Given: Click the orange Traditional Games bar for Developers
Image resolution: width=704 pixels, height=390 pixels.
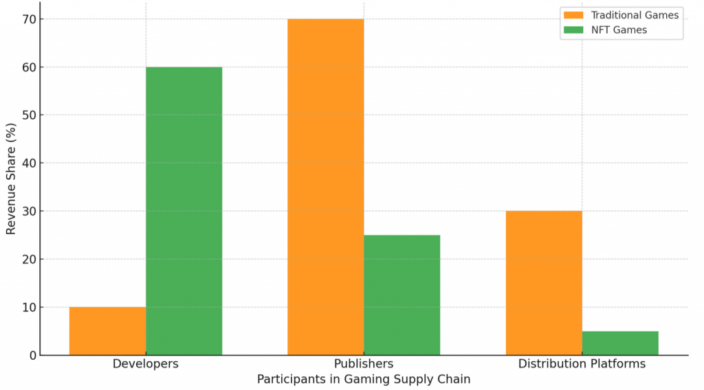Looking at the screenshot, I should (x=107, y=331).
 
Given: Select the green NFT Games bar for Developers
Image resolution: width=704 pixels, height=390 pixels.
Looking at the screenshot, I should (x=184, y=211).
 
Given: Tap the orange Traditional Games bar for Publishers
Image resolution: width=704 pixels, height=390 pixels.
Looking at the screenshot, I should (x=325, y=187).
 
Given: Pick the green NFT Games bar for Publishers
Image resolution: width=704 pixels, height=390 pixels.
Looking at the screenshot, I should (x=401, y=295).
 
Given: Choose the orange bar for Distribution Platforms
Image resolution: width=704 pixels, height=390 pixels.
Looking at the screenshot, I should (x=544, y=283).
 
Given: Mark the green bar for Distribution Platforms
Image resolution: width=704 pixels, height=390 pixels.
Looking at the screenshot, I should (x=620, y=343).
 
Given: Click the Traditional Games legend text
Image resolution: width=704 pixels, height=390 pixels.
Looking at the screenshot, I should (x=635, y=14).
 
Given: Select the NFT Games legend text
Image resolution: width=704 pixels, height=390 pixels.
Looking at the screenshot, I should (x=619, y=30).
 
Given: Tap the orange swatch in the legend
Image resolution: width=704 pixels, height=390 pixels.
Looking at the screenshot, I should (x=572, y=14).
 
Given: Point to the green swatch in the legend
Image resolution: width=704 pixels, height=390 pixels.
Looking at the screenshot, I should (x=572, y=30).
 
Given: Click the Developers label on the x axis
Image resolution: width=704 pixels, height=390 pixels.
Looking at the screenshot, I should (x=146, y=364).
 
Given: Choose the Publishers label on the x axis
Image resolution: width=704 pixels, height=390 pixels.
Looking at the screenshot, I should (x=364, y=364).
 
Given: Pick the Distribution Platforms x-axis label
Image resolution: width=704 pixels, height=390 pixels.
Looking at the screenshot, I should (x=582, y=364).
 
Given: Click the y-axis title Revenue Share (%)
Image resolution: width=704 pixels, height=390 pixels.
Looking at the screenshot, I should (x=11, y=179).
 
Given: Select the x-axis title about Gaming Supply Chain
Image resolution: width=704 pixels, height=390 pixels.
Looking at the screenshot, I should (x=364, y=379).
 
